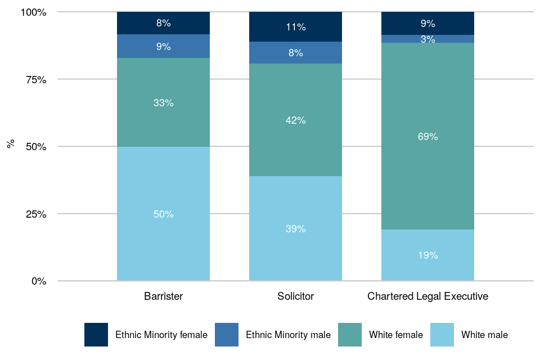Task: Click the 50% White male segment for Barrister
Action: [163, 214]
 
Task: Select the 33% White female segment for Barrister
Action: [163, 102]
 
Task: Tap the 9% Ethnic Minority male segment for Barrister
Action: [163, 46]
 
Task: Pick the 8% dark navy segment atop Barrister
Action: [163, 23]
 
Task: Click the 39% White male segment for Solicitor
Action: [295, 228]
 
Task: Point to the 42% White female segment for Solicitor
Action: [295, 120]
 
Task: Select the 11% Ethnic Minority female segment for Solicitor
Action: [295, 26]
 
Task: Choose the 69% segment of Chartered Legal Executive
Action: [427, 136]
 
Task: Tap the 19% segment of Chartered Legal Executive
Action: [427, 255]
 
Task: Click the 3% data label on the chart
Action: [427, 39]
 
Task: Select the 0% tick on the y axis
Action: [39, 281]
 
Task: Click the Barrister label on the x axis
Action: [163, 296]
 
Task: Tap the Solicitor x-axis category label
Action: [295, 296]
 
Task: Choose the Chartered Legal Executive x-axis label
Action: [427, 296]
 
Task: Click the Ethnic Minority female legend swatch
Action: [96, 335]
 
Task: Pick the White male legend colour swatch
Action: [442, 335]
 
